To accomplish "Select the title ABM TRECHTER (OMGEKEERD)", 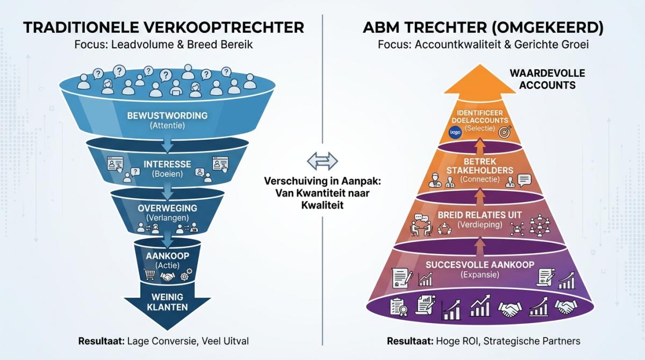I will tap(483, 27).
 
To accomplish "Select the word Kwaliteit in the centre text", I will tap(322, 205).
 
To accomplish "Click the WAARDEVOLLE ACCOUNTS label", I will tap(547, 79).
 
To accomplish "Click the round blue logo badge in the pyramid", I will tap(455, 132).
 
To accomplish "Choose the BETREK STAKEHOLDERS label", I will tap(480, 165).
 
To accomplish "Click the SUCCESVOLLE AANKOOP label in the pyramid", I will tap(480, 264).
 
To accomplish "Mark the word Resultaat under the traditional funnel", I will tap(99, 341).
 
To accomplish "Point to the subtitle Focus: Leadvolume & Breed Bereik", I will tap(163, 45).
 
